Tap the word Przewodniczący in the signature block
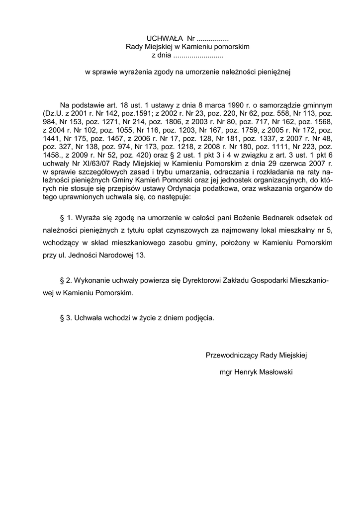(x=232, y=355)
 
